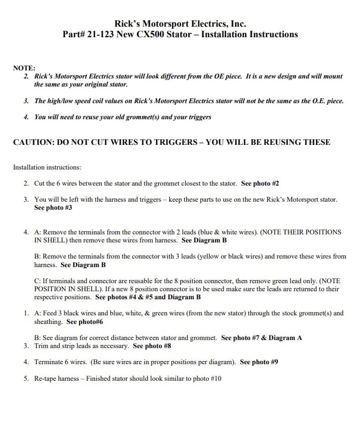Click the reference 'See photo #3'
pyautogui.click(x=53, y=208)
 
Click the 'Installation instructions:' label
pyautogui.click(x=47, y=167)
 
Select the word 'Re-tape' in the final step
pyautogui.click(x=46, y=378)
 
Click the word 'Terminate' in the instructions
pyautogui.click(x=49, y=362)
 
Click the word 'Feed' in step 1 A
pyautogui.click(x=51, y=313)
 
